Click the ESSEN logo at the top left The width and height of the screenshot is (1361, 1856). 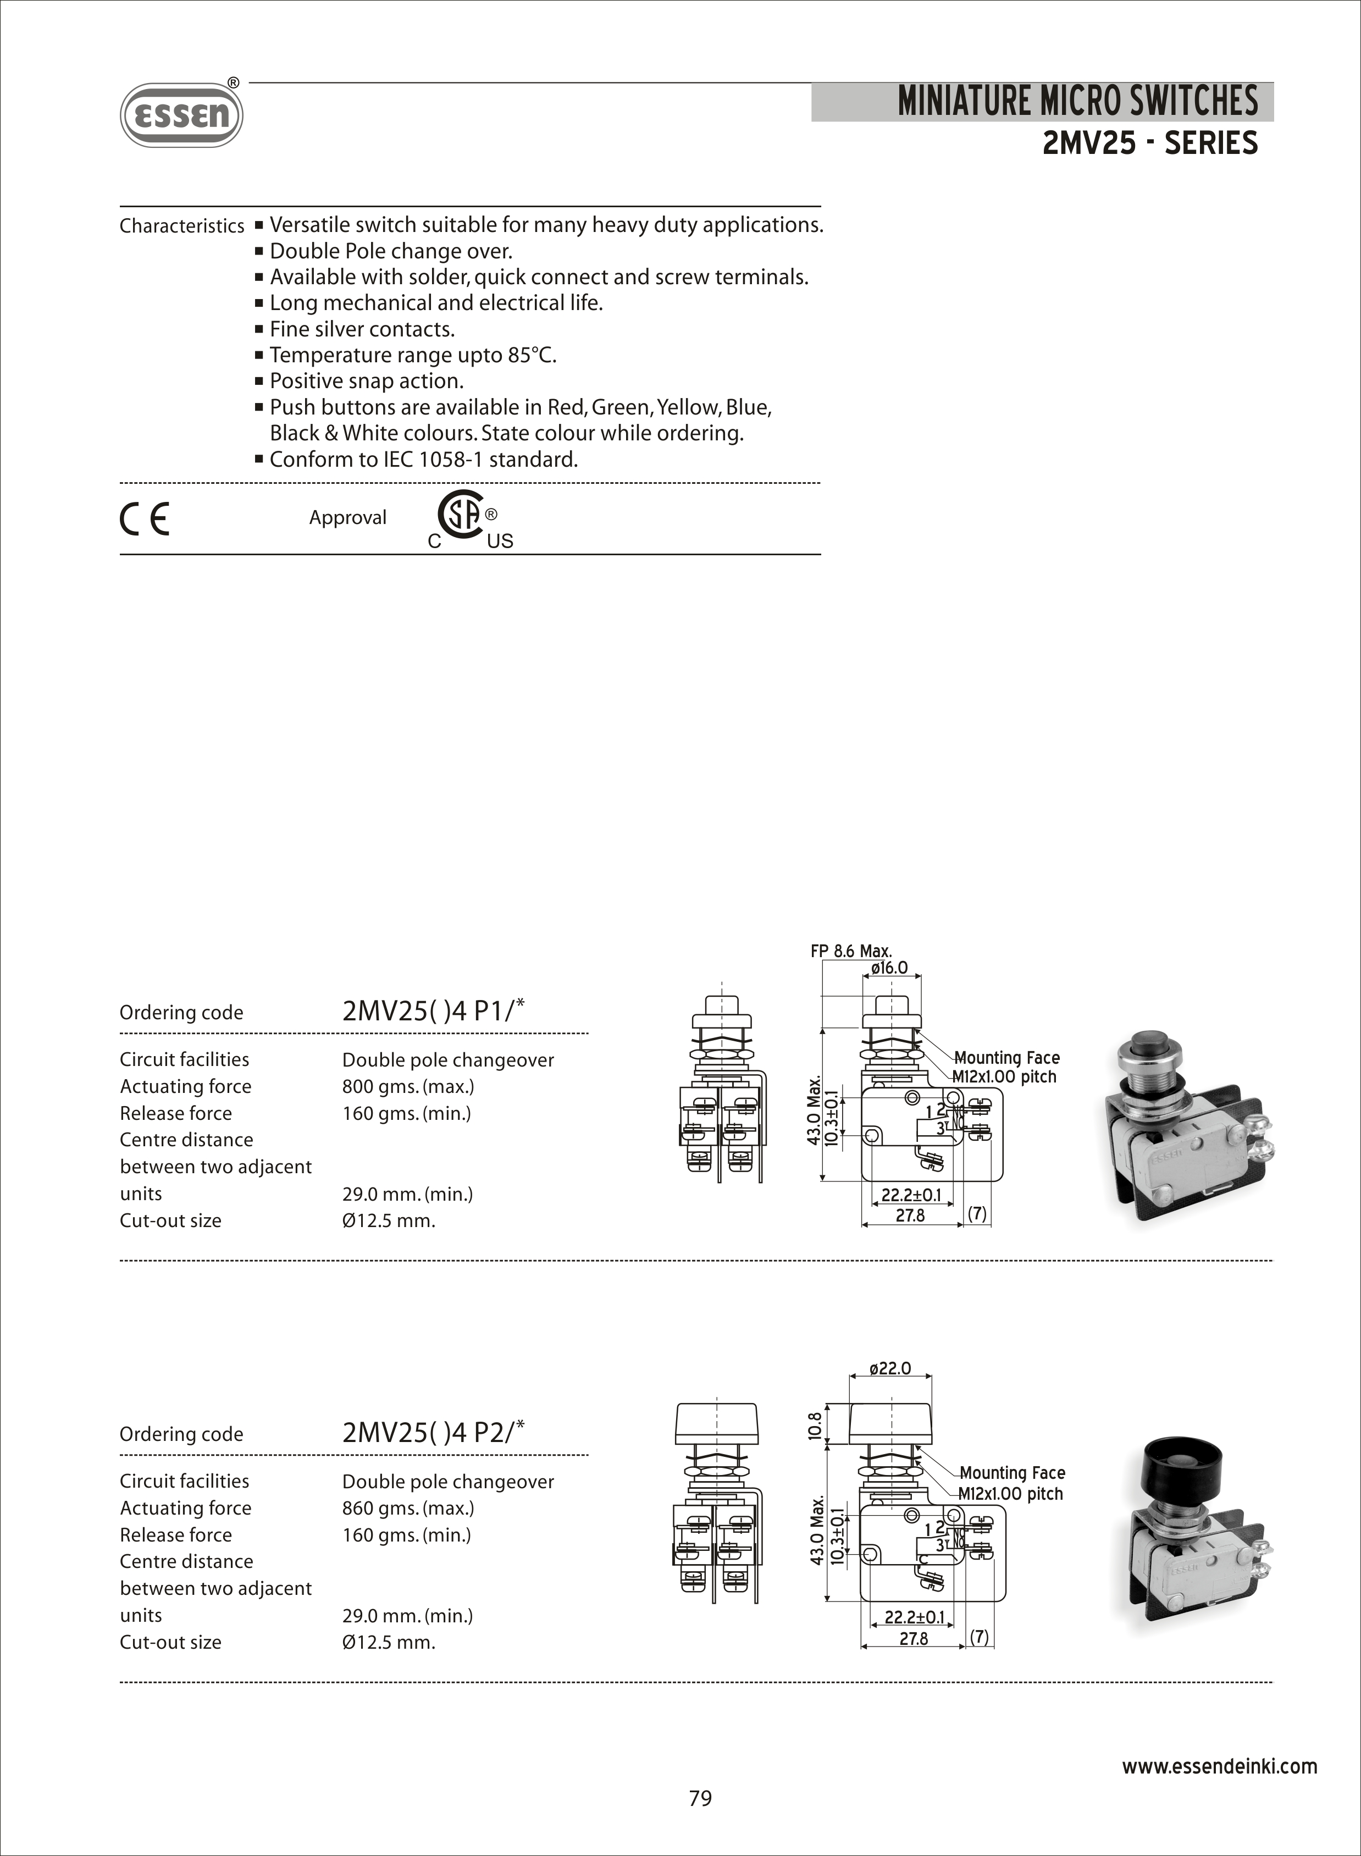point(181,115)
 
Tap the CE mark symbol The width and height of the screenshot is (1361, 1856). point(145,518)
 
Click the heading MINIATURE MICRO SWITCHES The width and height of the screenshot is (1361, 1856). point(1077,101)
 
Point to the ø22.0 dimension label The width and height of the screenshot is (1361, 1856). point(890,1368)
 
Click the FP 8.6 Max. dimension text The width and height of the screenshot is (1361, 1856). point(851,951)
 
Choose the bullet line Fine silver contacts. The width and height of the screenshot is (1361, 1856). point(362,329)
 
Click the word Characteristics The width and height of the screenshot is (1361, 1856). point(182,226)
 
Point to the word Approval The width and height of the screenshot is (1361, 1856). point(347,517)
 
